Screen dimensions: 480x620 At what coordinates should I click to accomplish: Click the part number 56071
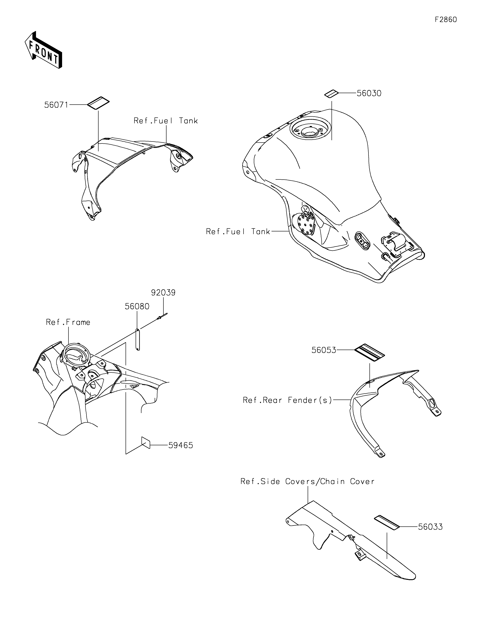tap(56, 105)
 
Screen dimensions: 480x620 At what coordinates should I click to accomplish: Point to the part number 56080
tap(137, 307)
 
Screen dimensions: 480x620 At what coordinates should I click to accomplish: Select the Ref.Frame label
tap(68, 322)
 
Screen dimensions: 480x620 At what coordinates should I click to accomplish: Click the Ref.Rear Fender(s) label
tap(287, 400)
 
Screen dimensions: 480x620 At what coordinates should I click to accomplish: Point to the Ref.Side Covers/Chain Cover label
tap(307, 481)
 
